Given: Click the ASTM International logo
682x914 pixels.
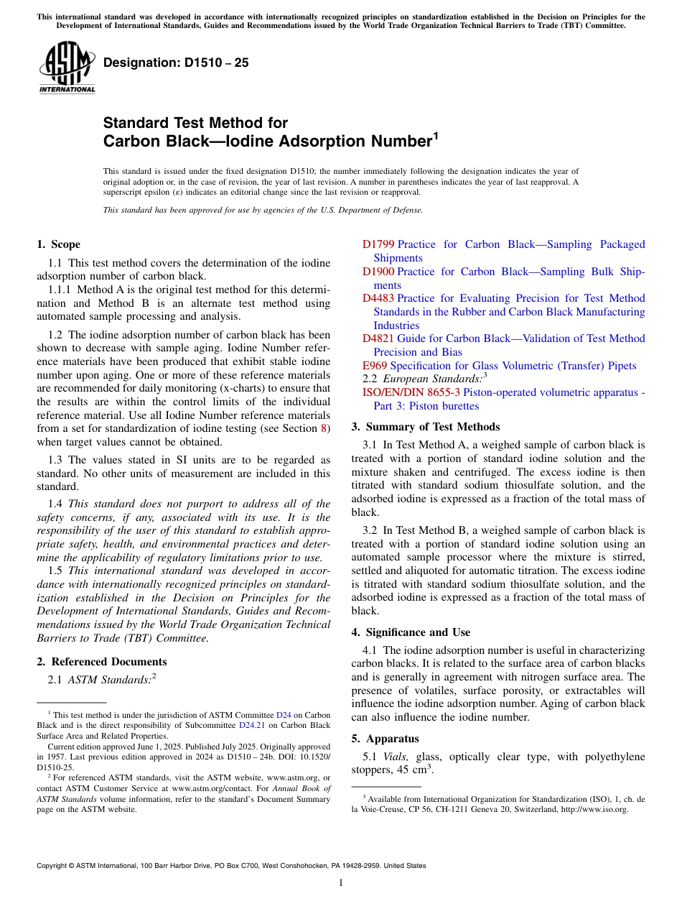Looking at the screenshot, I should pyautogui.click(x=67, y=68).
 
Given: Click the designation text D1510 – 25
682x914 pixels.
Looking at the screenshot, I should pyautogui.click(x=176, y=63).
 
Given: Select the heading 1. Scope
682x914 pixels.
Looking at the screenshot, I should pyautogui.click(x=59, y=244).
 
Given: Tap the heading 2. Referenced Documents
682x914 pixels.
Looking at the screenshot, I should pyautogui.click(x=102, y=662).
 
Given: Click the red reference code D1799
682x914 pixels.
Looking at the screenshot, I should pyautogui.click(x=378, y=244).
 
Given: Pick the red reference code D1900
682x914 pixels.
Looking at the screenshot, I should pyautogui.click(x=378, y=272).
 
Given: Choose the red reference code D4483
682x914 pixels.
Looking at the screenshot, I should pyautogui.click(x=378, y=298).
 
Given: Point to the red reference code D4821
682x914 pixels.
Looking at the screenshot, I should pyautogui.click(x=378, y=338).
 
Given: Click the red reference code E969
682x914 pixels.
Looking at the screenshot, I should pyautogui.click(x=375, y=366).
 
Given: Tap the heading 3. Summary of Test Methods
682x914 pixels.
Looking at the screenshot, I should pyautogui.click(x=426, y=427).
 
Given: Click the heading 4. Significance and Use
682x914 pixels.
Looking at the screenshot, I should pyautogui.click(x=411, y=632).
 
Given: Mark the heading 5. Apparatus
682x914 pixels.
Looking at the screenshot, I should pyautogui.click(x=385, y=739).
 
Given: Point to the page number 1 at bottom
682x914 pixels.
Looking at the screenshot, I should pyautogui.click(x=341, y=883).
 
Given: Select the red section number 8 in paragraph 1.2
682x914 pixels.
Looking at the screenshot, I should pyautogui.click(x=324, y=429).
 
